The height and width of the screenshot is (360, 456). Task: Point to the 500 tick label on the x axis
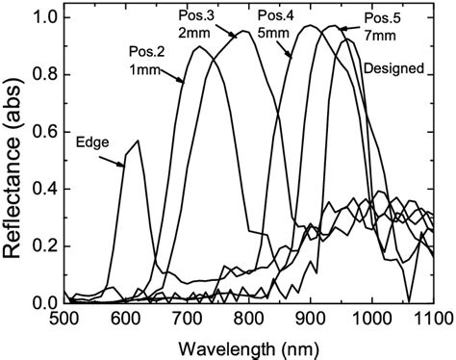[x=63, y=318]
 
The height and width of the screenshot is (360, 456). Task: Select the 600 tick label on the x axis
[x=125, y=318]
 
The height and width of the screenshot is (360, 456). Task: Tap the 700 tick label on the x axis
[x=187, y=318]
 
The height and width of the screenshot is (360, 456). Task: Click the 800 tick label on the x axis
[x=248, y=318]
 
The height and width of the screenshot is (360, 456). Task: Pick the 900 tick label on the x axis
[x=310, y=318]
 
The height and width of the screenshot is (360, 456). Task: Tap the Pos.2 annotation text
[x=145, y=51]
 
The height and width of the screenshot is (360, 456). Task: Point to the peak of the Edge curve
[x=139, y=141]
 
